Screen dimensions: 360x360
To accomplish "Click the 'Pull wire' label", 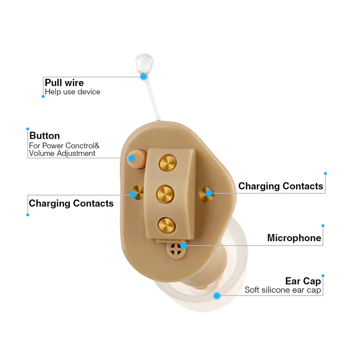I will tap(64, 83).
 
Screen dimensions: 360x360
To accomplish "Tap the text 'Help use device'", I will tap(72, 92).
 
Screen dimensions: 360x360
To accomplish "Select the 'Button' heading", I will tap(45, 135).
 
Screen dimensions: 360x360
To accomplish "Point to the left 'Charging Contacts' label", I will tap(71, 203).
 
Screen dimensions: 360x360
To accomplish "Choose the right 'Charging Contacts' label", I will tap(280, 186).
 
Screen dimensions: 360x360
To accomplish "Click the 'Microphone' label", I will tap(294, 238).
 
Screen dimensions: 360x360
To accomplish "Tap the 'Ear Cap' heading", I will tap(303, 281).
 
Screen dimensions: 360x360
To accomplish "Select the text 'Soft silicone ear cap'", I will tap(283, 290).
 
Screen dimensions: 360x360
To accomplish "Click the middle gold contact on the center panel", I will tap(165, 194).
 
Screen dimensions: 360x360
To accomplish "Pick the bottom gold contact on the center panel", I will tap(166, 224).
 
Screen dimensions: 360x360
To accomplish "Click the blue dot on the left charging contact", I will tap(133, 194).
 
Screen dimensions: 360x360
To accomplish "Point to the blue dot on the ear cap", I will tap(217, 296).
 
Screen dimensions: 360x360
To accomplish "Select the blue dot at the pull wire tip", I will tap(144, 76).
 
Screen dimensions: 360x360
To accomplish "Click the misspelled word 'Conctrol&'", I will tap(81, 145).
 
